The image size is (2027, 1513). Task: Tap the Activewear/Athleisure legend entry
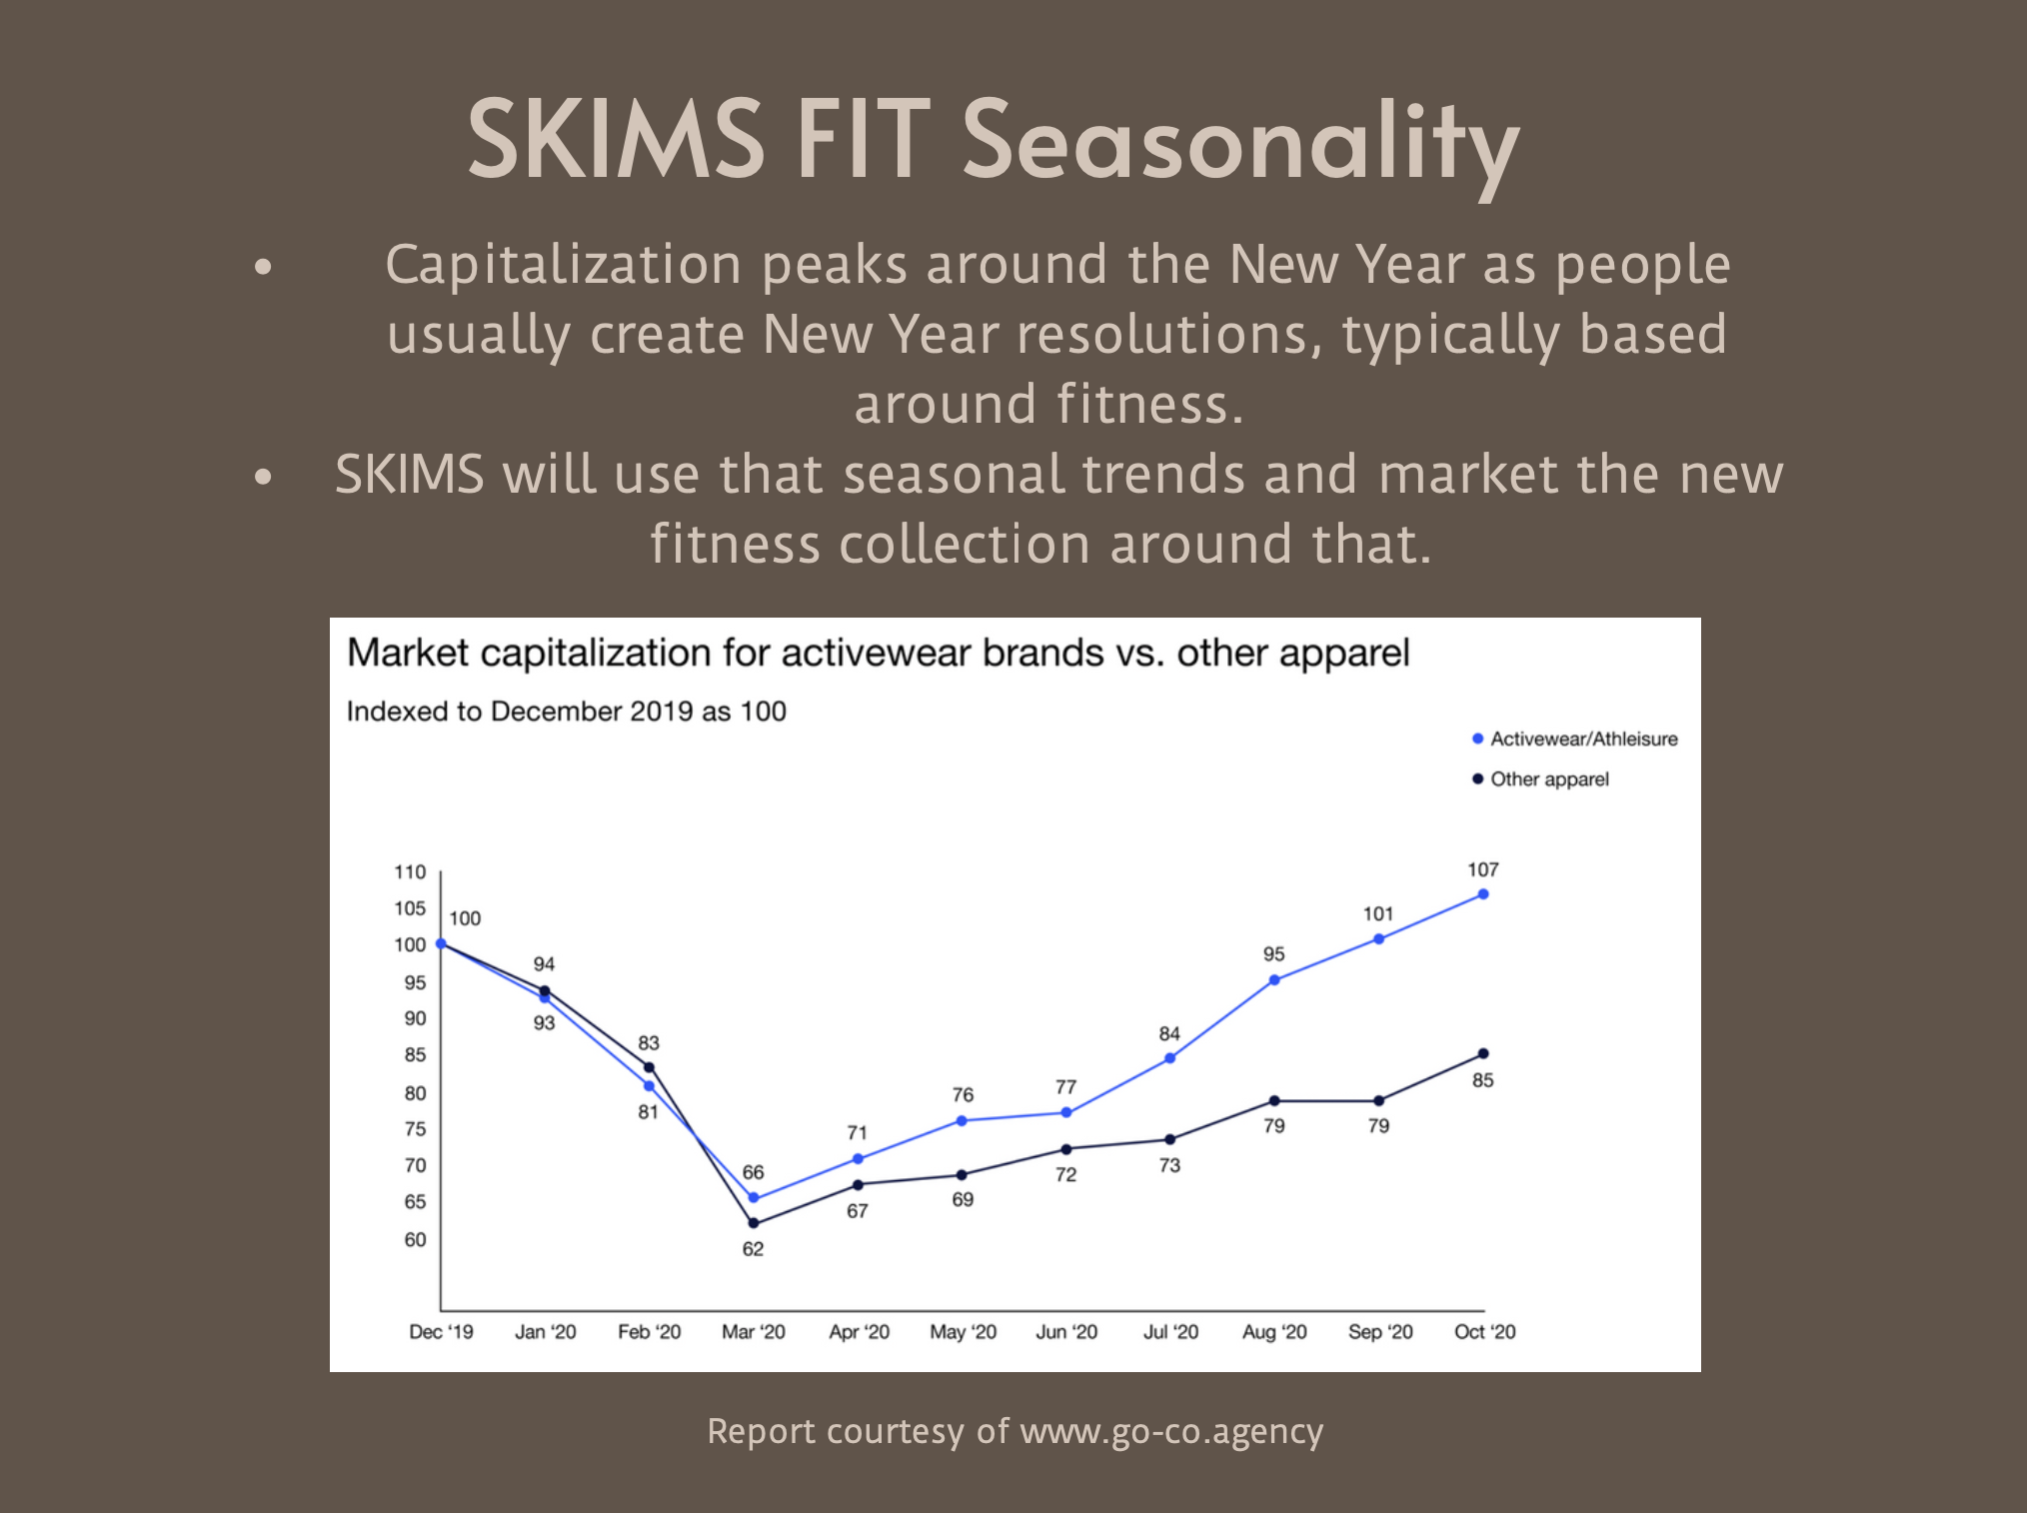1574,739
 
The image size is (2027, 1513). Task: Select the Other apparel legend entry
1540,779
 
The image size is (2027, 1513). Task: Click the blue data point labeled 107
1483,894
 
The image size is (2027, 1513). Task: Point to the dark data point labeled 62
754,1223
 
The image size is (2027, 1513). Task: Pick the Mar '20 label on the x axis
754,1332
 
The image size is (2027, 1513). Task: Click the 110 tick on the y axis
410,872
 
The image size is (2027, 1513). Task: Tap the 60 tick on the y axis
415,1240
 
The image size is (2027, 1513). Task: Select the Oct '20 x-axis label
1485,1332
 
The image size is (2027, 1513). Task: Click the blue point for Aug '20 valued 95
1274,980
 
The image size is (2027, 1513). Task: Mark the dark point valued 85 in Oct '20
1483,1054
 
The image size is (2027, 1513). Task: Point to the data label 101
1378,914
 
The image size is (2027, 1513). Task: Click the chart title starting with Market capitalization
878,654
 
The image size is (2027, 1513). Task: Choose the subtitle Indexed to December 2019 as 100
567,712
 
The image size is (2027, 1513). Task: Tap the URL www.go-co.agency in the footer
1171,1432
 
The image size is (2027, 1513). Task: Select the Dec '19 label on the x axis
441,1332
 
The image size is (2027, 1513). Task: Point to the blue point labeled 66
754,1198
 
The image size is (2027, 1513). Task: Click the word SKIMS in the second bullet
410,474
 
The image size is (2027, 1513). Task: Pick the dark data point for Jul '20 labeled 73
1170,1139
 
